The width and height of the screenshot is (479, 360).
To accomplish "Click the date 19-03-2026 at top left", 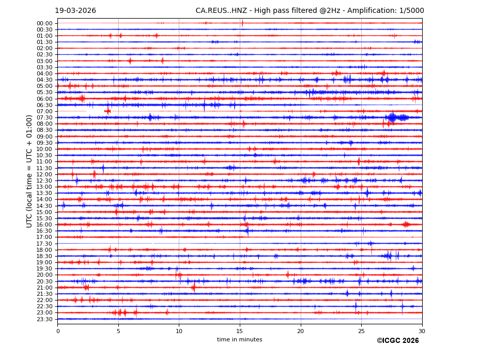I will coord(75,11).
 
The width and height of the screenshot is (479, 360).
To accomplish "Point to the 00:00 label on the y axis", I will coord(44,23).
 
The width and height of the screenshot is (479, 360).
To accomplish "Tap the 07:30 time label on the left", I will coord(44,117).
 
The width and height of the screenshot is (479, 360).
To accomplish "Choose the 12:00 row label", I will coord(44,174).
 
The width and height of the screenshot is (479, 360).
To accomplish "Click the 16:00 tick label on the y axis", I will coord(44,224).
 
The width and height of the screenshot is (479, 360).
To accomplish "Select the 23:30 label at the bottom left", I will coord(44,319).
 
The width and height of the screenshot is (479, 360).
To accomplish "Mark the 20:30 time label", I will coord(44,281).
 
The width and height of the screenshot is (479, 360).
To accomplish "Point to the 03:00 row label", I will coord(44,61).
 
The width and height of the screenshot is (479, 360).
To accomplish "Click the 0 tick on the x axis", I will coord(58,331).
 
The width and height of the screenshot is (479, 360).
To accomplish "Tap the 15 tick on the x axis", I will coord(240,331).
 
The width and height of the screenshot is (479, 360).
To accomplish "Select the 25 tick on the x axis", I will coord(361,331).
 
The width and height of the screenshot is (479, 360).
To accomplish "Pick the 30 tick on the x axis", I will coord(422,331).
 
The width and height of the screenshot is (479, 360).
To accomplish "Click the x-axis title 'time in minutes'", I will coord(240,340).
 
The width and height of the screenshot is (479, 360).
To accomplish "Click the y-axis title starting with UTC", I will coord(30,171).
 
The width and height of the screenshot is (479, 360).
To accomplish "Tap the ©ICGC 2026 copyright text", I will coord(398,341).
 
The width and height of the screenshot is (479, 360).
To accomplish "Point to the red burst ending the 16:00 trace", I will coord(407,224).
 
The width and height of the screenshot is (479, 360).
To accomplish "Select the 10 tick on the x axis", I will coord(179,331).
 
